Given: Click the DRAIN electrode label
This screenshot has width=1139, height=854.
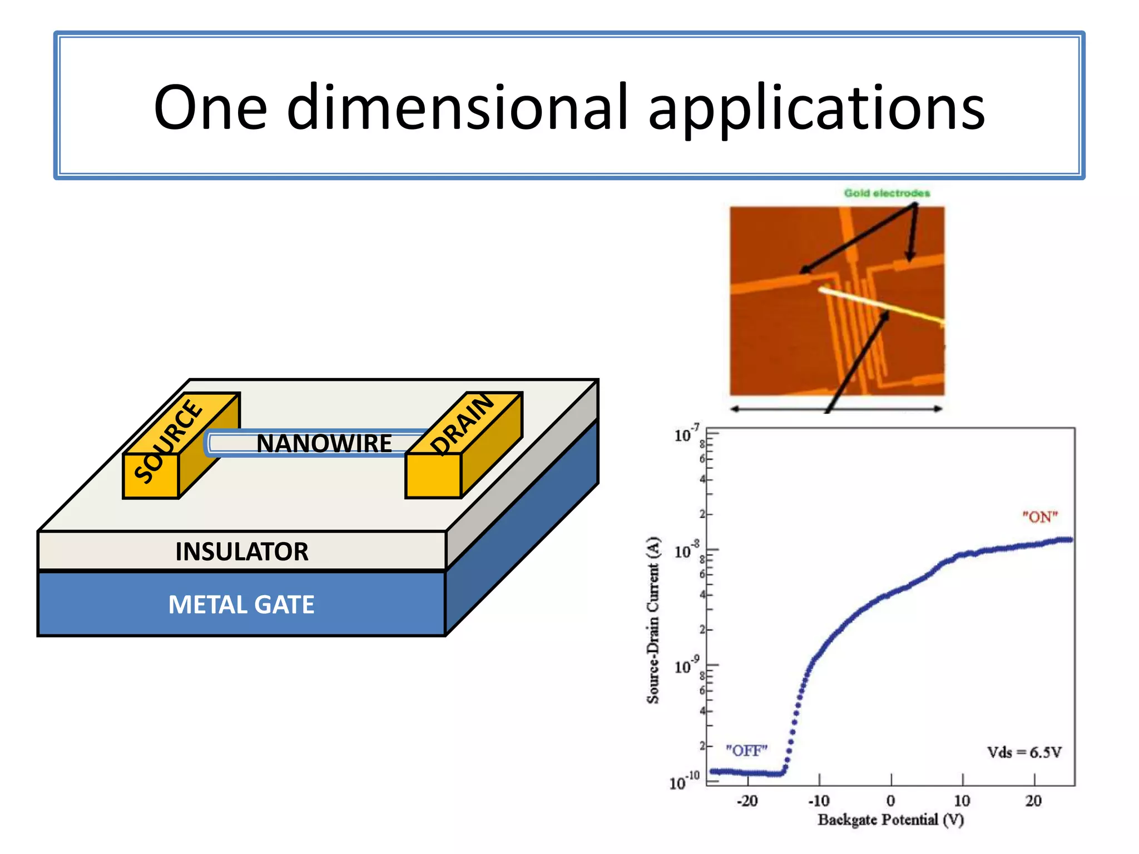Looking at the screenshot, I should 462,424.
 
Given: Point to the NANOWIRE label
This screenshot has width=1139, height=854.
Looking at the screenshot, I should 324,444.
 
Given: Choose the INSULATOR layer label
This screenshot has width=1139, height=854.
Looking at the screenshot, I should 242,552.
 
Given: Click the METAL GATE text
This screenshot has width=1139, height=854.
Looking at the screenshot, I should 241,605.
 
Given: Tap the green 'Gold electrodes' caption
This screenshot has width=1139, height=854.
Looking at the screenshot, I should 887,193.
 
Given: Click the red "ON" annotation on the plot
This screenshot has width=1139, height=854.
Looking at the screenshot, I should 1039,517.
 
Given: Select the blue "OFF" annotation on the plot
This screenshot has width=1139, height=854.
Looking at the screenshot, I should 746,751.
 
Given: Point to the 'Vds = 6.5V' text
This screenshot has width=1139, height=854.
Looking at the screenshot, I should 1024,753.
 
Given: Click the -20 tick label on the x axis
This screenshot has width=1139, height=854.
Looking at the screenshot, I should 747,801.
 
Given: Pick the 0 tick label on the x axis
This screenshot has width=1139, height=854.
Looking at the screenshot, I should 890,801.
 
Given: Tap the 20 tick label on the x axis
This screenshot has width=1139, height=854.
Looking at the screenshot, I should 1033,801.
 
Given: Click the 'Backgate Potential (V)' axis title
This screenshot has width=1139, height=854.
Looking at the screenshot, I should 890,820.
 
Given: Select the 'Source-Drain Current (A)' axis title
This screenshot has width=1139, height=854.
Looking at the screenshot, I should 653,620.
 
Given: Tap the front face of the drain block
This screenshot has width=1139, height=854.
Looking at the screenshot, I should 433,475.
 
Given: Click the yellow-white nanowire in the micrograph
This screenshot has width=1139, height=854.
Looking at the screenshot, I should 879,305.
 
